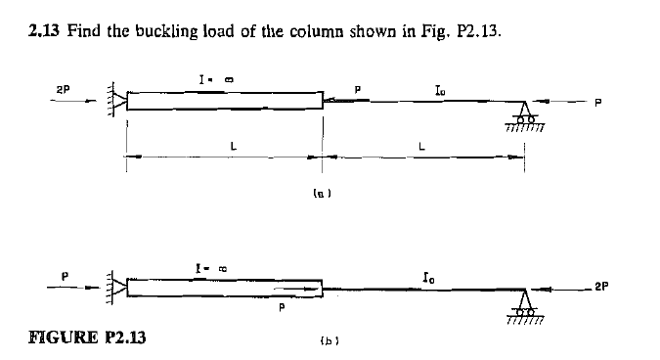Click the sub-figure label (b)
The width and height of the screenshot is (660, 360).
tap(324, 343)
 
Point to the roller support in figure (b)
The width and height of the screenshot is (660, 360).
tap(528, 305)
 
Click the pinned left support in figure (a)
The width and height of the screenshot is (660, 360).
tap(118, 101)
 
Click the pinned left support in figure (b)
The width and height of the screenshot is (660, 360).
tap(119, 290)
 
